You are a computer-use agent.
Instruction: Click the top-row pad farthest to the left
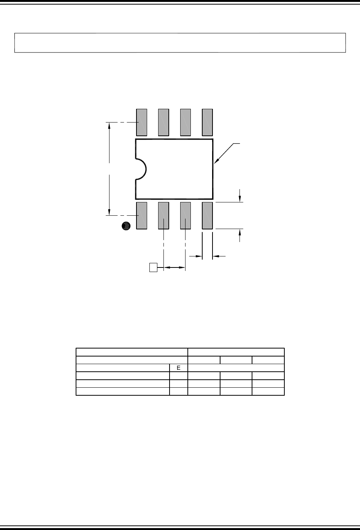click(141, 122)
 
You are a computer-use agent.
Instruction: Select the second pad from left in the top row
click(163, 122)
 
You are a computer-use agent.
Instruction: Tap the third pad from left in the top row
click(185, 122)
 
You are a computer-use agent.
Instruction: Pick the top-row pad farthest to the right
click(207, 122)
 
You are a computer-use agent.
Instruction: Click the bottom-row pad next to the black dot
click(141, 216)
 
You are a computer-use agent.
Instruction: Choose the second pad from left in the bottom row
click(163, 216)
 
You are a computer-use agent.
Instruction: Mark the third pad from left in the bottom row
click(185, 216)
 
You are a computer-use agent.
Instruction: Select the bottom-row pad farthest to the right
click(207, 216)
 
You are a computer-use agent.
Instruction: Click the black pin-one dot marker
click(126, 226)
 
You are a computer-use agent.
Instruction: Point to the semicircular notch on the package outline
click(141, 169)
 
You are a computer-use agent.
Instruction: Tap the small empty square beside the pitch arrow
click(153, 267)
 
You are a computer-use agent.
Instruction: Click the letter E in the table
click(178, 368)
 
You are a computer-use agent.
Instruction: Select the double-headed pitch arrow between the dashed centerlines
click(174, 268)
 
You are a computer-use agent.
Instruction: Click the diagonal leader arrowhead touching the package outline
click(216, 162)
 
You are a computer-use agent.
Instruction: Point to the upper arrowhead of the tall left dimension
click(109, 126)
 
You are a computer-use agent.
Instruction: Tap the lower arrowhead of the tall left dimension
click(109, 213)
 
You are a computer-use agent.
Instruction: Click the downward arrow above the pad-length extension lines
click(240, 198)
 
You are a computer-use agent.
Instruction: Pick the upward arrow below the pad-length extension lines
click(240, 233)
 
